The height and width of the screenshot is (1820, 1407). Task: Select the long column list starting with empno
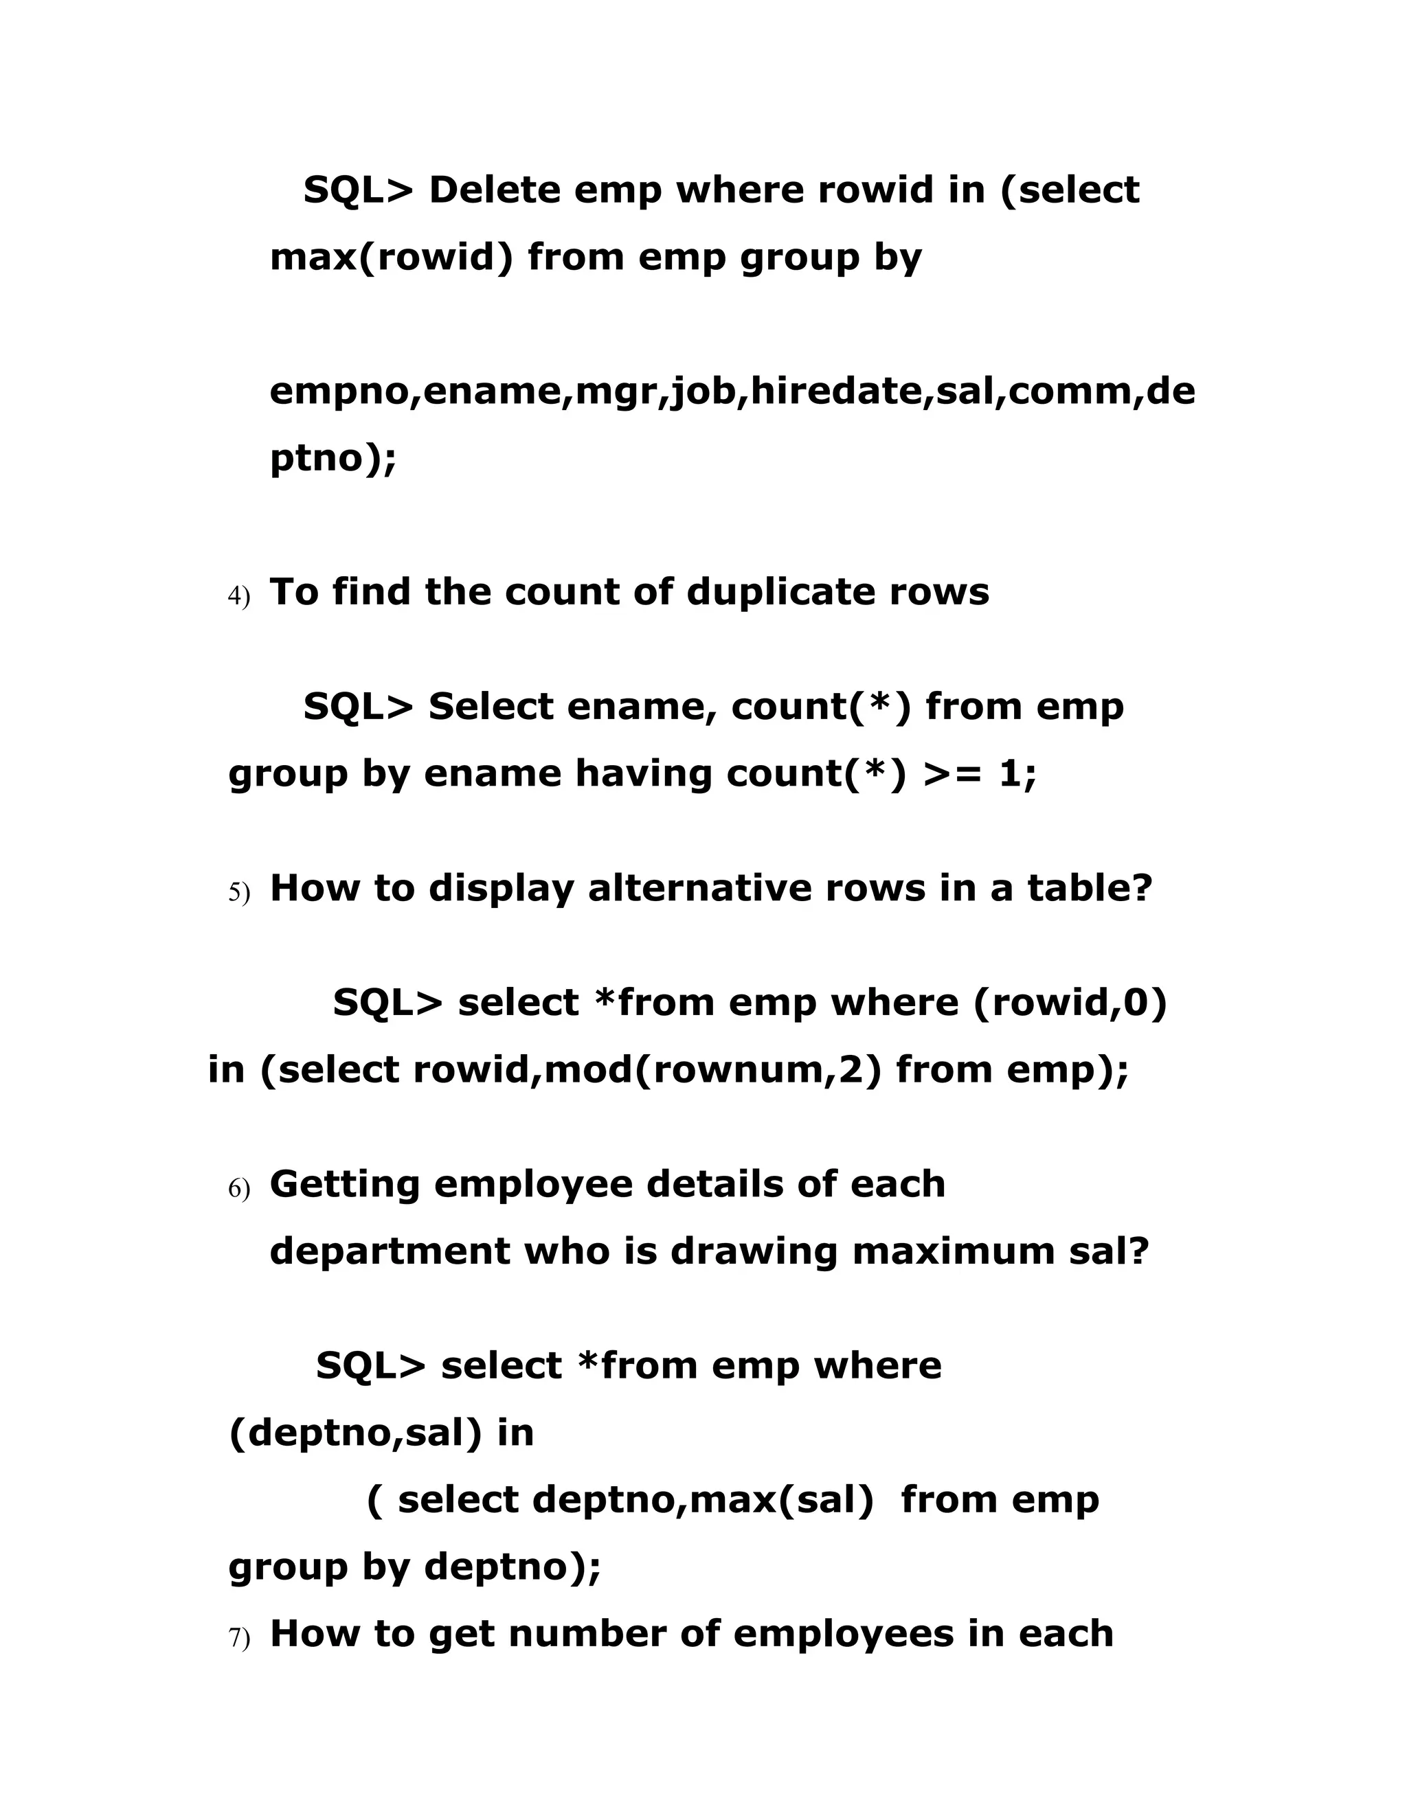tap(732, 391)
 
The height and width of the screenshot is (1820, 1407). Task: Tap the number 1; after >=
tap(1017, 773)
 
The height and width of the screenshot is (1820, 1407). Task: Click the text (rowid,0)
tap(1070, 1003)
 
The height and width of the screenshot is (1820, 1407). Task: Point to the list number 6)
tap(238, 1189)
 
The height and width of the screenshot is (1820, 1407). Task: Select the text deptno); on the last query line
tap(513, 1567)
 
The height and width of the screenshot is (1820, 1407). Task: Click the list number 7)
tap(238, 1637)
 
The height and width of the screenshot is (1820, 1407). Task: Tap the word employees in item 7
tap(843, 1633)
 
